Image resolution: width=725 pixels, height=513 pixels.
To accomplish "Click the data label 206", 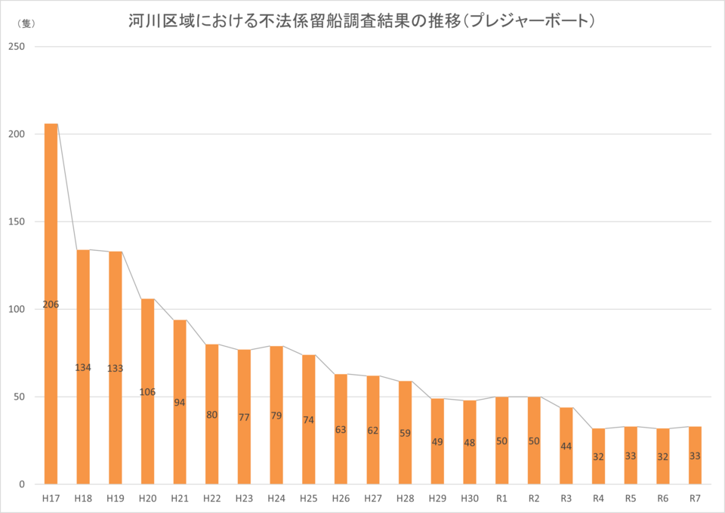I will pyautogui.click(x=51, y=304).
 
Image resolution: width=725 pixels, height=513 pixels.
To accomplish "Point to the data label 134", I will pyautogui.click(x=83, y=368).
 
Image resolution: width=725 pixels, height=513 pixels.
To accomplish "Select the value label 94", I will pyautogui.click(x=180, y=403).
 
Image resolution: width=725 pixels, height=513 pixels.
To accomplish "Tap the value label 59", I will pyautogui.click(x=406, y=434).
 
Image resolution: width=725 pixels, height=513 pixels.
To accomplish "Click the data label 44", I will pyautogui.click(x=566, y=447).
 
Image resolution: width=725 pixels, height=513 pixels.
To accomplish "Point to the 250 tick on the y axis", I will pyautogui.click(x=17, y=47).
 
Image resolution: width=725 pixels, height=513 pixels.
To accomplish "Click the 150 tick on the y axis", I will pyautogui.click(x=17, y=222).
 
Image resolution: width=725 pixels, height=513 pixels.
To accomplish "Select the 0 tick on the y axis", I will pyautogui.click(x=22, y=484).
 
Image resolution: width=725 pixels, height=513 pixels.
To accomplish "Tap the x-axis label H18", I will pyautogui.click(x=83, y=499).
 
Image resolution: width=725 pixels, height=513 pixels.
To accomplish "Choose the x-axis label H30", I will pyautogui.click(x=470, y=499).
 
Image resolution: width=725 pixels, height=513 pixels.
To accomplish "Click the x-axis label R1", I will pyautogui.click(x=502, y=499).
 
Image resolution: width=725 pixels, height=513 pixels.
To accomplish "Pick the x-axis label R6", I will pyautogui.click(x=663, y=499).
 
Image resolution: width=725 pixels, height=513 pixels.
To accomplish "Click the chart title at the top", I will pyautogui.click(x=362, y=22).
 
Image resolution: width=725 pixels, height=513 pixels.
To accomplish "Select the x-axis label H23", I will pyautogui.click(x=244, y=499).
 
